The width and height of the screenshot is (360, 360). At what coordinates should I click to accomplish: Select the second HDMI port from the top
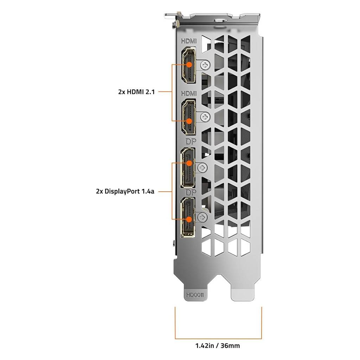(x=189, y=117)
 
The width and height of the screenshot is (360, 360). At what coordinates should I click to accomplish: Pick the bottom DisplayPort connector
(x=188, y=217)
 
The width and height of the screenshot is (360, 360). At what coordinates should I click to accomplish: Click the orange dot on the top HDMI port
(x=189, y=65)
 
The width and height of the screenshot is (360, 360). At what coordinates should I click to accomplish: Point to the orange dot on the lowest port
(x=189, y=219)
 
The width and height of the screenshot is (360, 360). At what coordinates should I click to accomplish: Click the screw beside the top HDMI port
(x=205, y=65)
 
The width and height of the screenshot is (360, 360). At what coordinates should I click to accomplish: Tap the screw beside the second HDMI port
(x=205, y=117)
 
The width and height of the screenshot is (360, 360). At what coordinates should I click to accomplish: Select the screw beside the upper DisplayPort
(x=202, y=168)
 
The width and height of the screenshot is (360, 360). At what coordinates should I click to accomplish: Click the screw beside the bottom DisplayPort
(x=202, y=217)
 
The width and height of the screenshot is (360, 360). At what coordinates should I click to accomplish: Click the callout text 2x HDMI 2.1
(x=136, y=92)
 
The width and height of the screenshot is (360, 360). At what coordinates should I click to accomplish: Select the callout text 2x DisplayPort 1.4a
(x=125, y=191)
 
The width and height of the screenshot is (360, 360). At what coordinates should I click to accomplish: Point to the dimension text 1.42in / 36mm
(x=217, y=346)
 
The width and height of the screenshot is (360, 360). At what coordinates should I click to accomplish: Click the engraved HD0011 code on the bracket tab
(x=195, y=295)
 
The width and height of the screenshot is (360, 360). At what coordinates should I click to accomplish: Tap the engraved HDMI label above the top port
(x=189, y=41)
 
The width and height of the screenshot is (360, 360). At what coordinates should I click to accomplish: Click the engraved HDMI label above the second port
(x=189, y=94)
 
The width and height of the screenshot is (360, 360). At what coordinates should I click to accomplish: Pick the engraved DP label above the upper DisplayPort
(x=191, y=142)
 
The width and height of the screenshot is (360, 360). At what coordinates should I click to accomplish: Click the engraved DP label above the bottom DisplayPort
(x=191, y=192)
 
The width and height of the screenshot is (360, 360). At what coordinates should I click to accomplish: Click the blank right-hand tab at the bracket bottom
(x=243, y=291)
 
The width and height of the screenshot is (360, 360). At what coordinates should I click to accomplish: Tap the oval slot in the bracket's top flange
(x=220, y=20)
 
